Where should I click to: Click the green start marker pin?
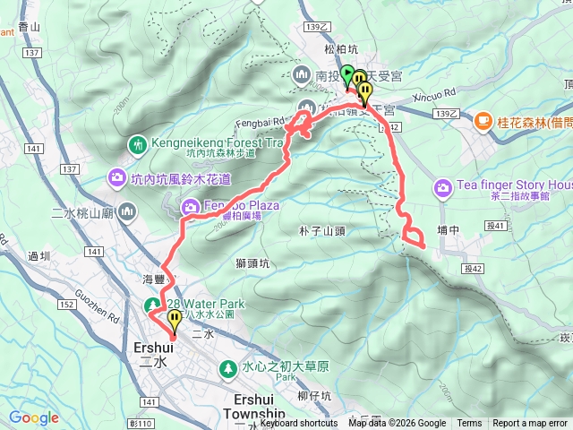click(347, 73)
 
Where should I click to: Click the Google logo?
click(34, 417)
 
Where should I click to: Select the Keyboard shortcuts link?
click(299, 424)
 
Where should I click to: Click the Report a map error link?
click(530, 424)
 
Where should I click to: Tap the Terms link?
click(469, 424)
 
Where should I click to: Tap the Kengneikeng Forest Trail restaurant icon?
click(137, 143)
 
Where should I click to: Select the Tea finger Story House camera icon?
click(442, 188)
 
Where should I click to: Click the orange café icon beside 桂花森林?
click(483, 119)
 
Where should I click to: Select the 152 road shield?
click(67, 305)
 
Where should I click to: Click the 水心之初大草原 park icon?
click(229, 367)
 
